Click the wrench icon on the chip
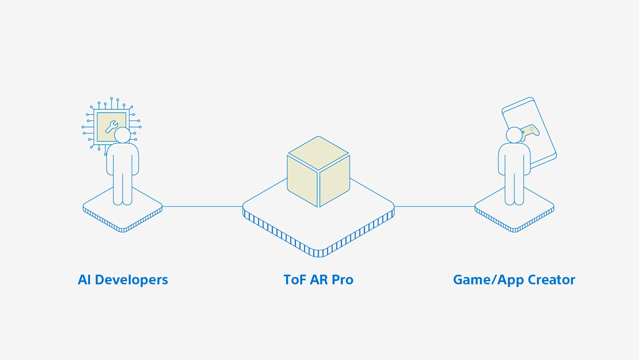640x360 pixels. tap(111, 127)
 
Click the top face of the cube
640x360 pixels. tap(318, 153)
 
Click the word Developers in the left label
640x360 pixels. tap(131, 280)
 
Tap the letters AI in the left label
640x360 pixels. tap(84, 280)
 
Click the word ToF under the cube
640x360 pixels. tap(294, 280)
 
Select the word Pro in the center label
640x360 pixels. tap(343, 280)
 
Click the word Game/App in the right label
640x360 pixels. tap(488, 280)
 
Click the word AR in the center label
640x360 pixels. tap(318, 280)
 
